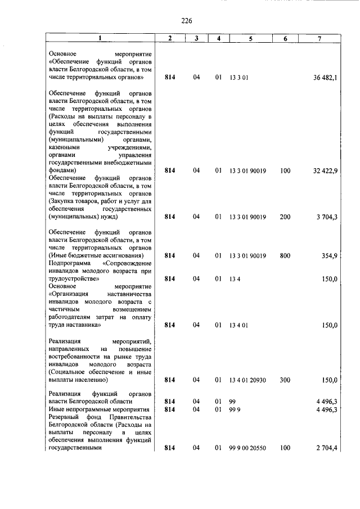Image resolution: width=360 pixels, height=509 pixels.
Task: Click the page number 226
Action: (x=187, y=21)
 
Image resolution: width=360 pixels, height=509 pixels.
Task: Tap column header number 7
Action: (x=319, y=38)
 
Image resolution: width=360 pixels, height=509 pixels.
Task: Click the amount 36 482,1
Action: (x=325, y=77)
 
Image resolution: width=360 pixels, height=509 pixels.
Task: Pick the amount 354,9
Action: (x=329, y=255)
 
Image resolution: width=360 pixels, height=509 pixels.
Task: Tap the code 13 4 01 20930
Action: (x=247, y=380)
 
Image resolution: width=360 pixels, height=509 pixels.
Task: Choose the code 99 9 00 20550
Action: (x=247, y=448)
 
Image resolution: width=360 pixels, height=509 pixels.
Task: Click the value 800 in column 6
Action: (x=285, y=255)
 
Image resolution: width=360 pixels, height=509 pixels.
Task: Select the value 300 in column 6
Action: (x=285, y=380)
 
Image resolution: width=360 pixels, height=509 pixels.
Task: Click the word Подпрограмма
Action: (x=69, y=263)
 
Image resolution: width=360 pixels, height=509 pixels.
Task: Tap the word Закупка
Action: (x=63, y=201)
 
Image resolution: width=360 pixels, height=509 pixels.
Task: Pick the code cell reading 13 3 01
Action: (x=239, y=77)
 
